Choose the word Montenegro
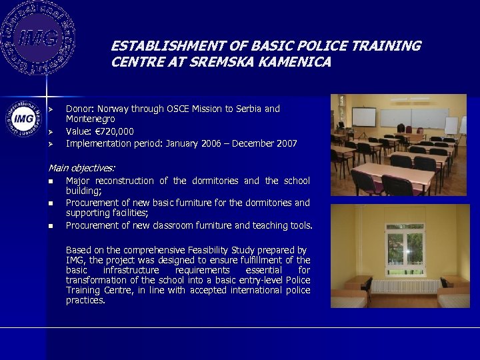[90, 119]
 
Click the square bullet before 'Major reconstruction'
[51, 181]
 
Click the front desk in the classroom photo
[382, 185]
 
